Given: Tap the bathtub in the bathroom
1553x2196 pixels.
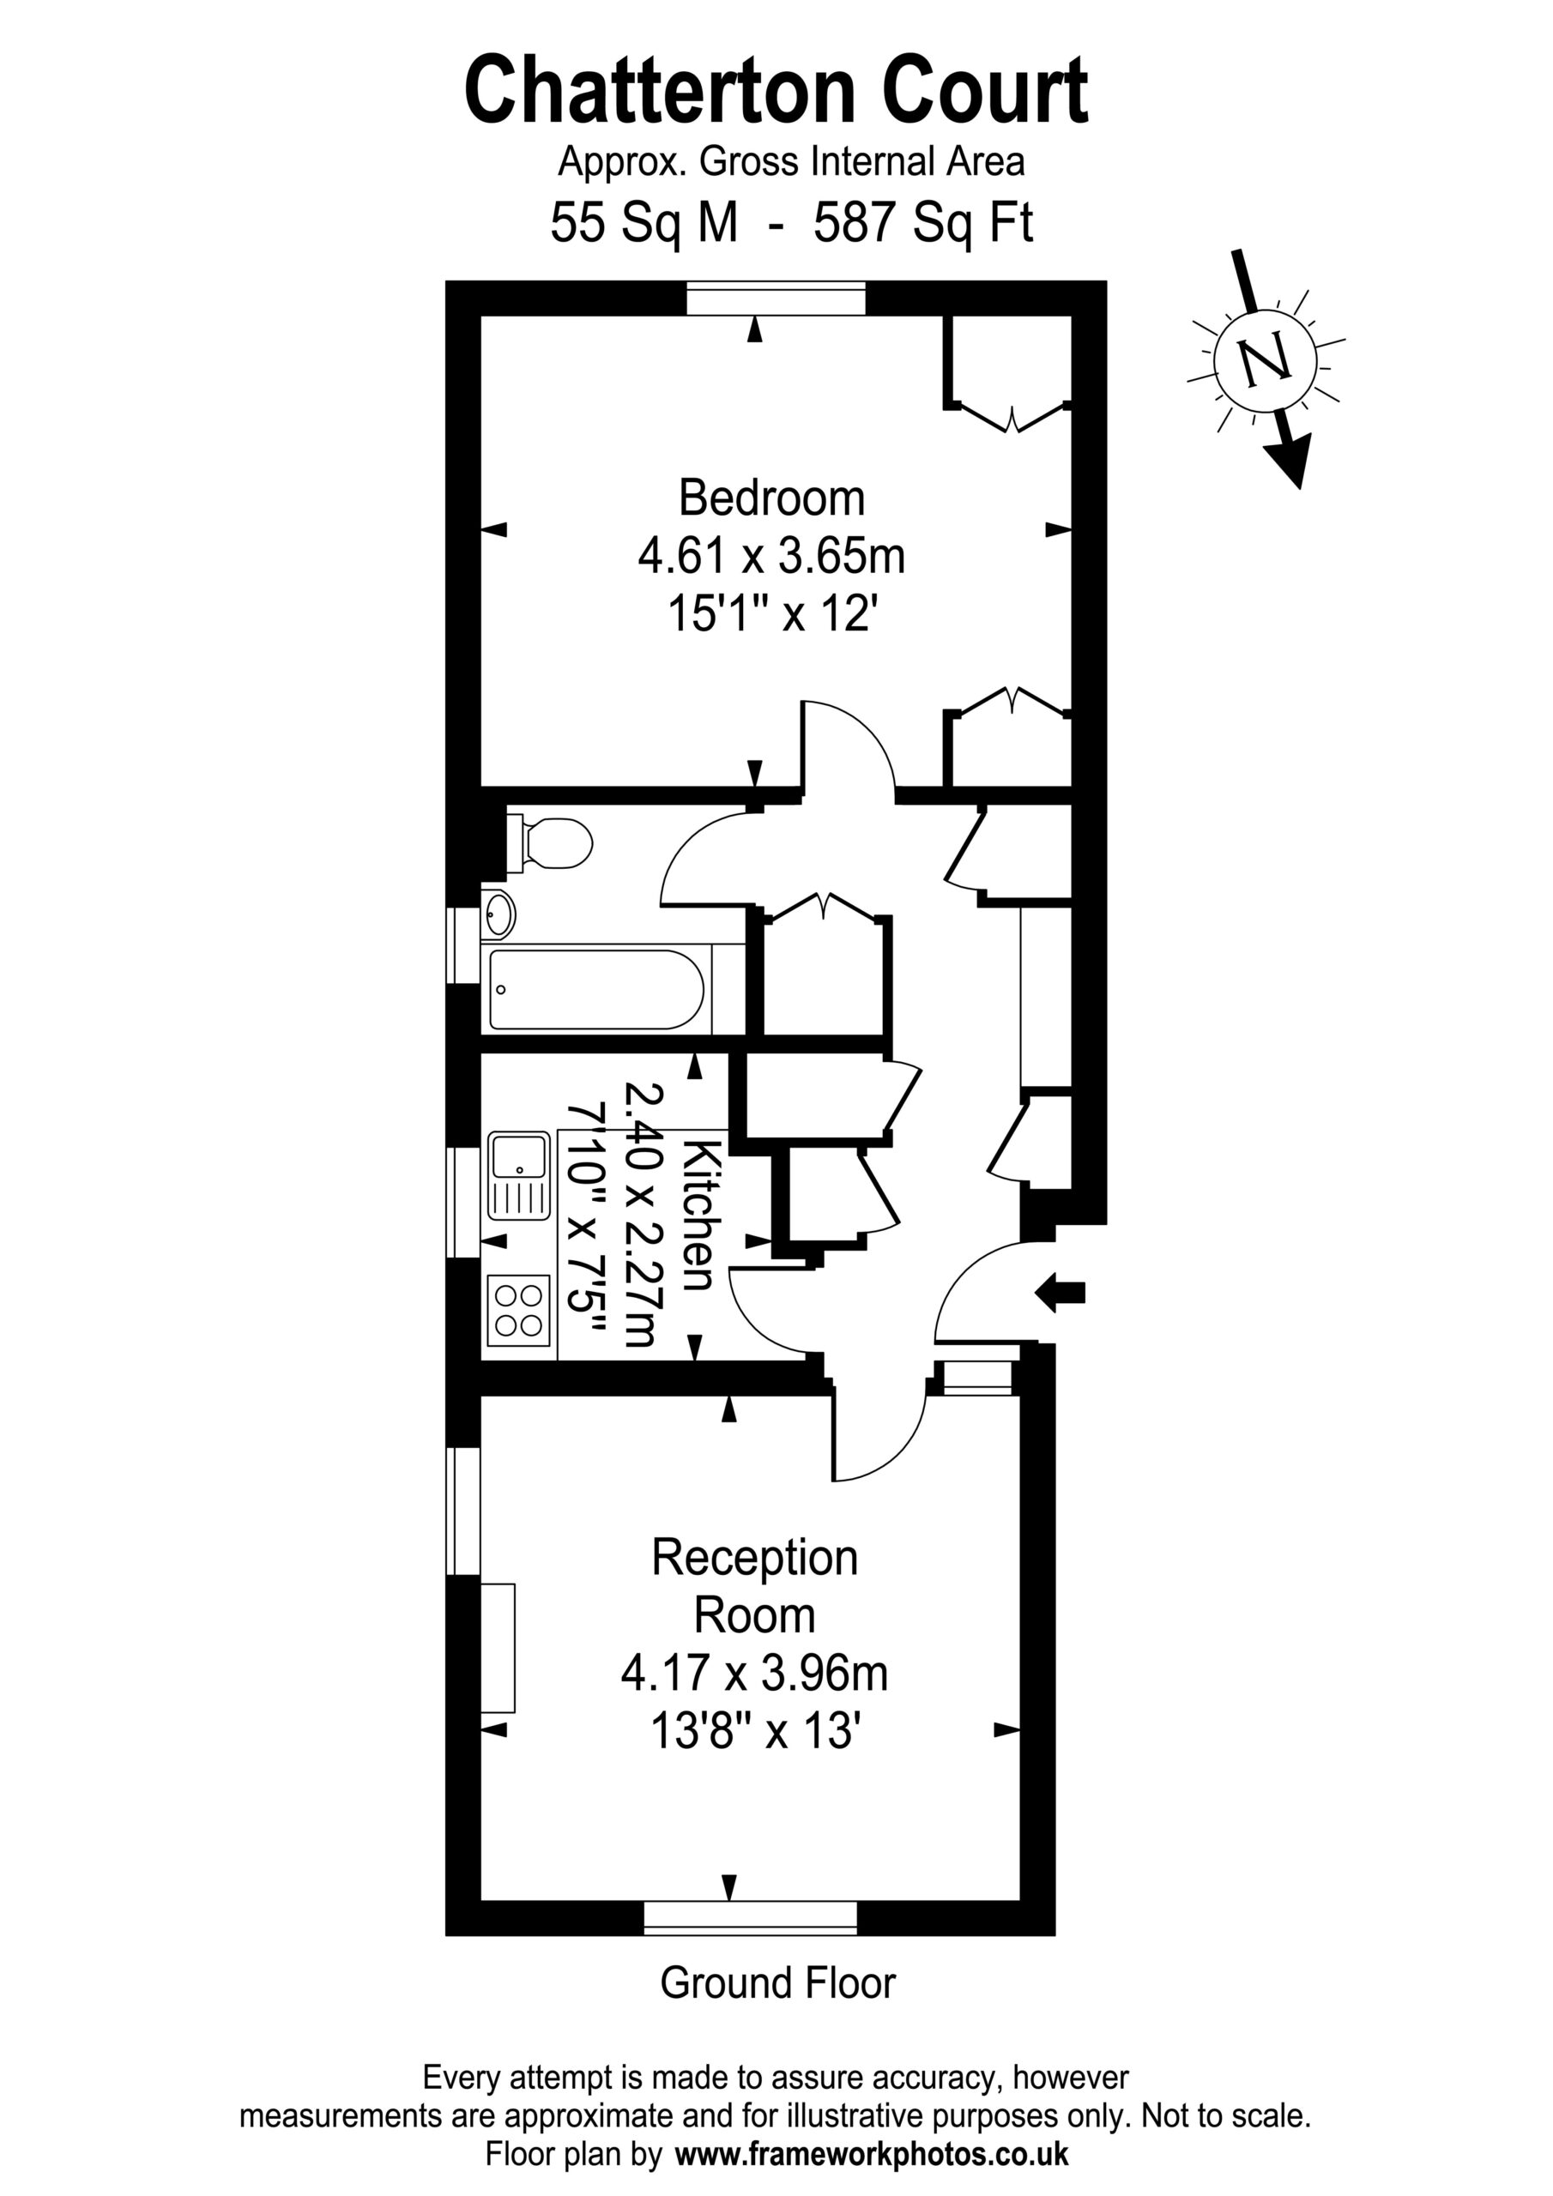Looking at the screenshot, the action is (597, 990).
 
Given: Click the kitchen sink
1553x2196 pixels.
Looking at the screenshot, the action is (518, 1175).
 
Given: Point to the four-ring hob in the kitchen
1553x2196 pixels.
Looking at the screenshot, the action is (518, 1311).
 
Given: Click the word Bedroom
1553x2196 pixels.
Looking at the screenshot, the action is (771, 498).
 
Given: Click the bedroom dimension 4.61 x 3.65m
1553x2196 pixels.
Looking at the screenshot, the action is (771, 556).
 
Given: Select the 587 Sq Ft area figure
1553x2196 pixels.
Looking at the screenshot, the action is (923, 224).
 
